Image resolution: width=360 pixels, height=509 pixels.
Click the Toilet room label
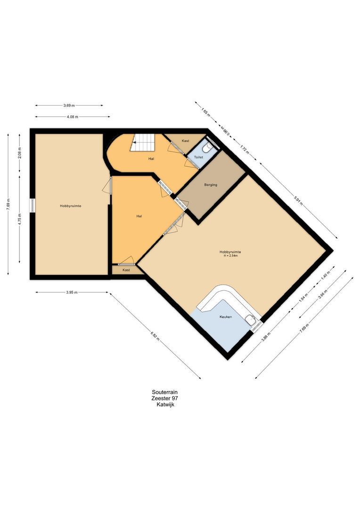point(198,157)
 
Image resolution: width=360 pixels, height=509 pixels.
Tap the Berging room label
point(211,185)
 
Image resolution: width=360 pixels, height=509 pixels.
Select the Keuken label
point(226,317)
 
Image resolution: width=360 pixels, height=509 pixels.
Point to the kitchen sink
point(250,320)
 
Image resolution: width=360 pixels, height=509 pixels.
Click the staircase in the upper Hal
point(143,142)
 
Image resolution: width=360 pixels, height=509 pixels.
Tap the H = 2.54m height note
point(230,256)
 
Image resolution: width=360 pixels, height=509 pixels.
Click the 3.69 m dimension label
point(69,105)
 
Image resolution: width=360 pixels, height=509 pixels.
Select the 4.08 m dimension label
point(73,116)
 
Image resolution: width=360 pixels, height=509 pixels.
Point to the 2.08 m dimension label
point(19,153)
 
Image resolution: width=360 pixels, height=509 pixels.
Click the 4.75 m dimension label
point(19,219)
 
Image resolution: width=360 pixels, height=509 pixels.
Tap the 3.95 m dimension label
point(72,292)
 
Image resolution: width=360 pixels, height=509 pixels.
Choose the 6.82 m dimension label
point(155,336)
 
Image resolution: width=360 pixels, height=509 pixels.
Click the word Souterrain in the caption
point(164,392)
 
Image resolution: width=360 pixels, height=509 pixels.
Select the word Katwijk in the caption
point(165,404)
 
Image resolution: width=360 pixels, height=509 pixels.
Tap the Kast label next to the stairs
point(186,141)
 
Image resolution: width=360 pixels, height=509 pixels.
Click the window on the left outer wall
point(33,205)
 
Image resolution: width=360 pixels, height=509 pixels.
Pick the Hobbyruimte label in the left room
point(70,206)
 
